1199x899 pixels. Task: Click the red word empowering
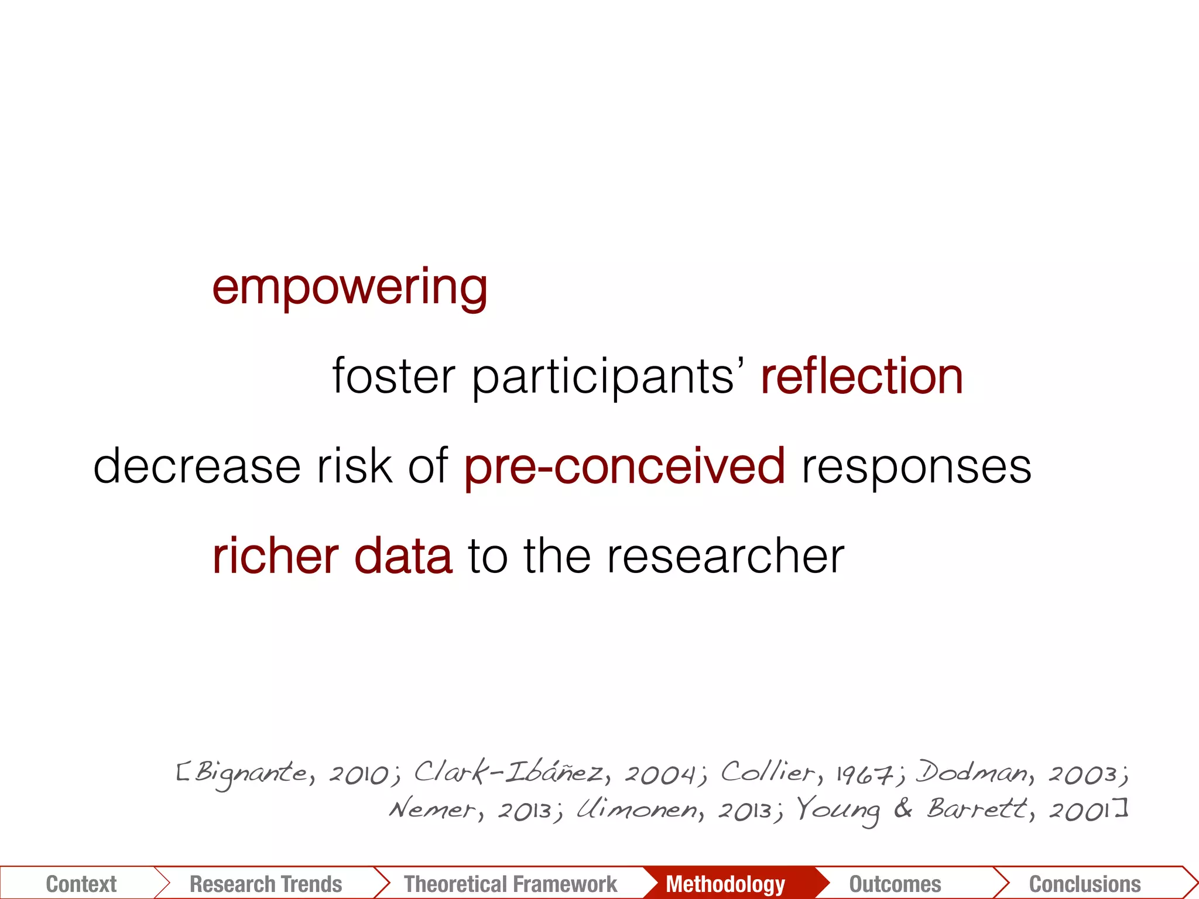[x=350, y=288]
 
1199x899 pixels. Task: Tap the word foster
[x=393, y=376]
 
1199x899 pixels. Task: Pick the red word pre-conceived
[x=625, y=466]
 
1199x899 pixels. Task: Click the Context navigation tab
[x=81, y=884]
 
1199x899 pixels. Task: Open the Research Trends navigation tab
[x=266, y=884]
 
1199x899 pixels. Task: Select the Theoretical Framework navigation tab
[x=511, y=884]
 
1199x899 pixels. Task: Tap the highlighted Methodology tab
[x=725, y=884]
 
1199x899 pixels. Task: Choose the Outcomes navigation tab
[x=895, y=884]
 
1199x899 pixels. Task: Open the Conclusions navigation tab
[x=1085, y=884]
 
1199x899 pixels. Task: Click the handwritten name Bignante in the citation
[x=251, y=774]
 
